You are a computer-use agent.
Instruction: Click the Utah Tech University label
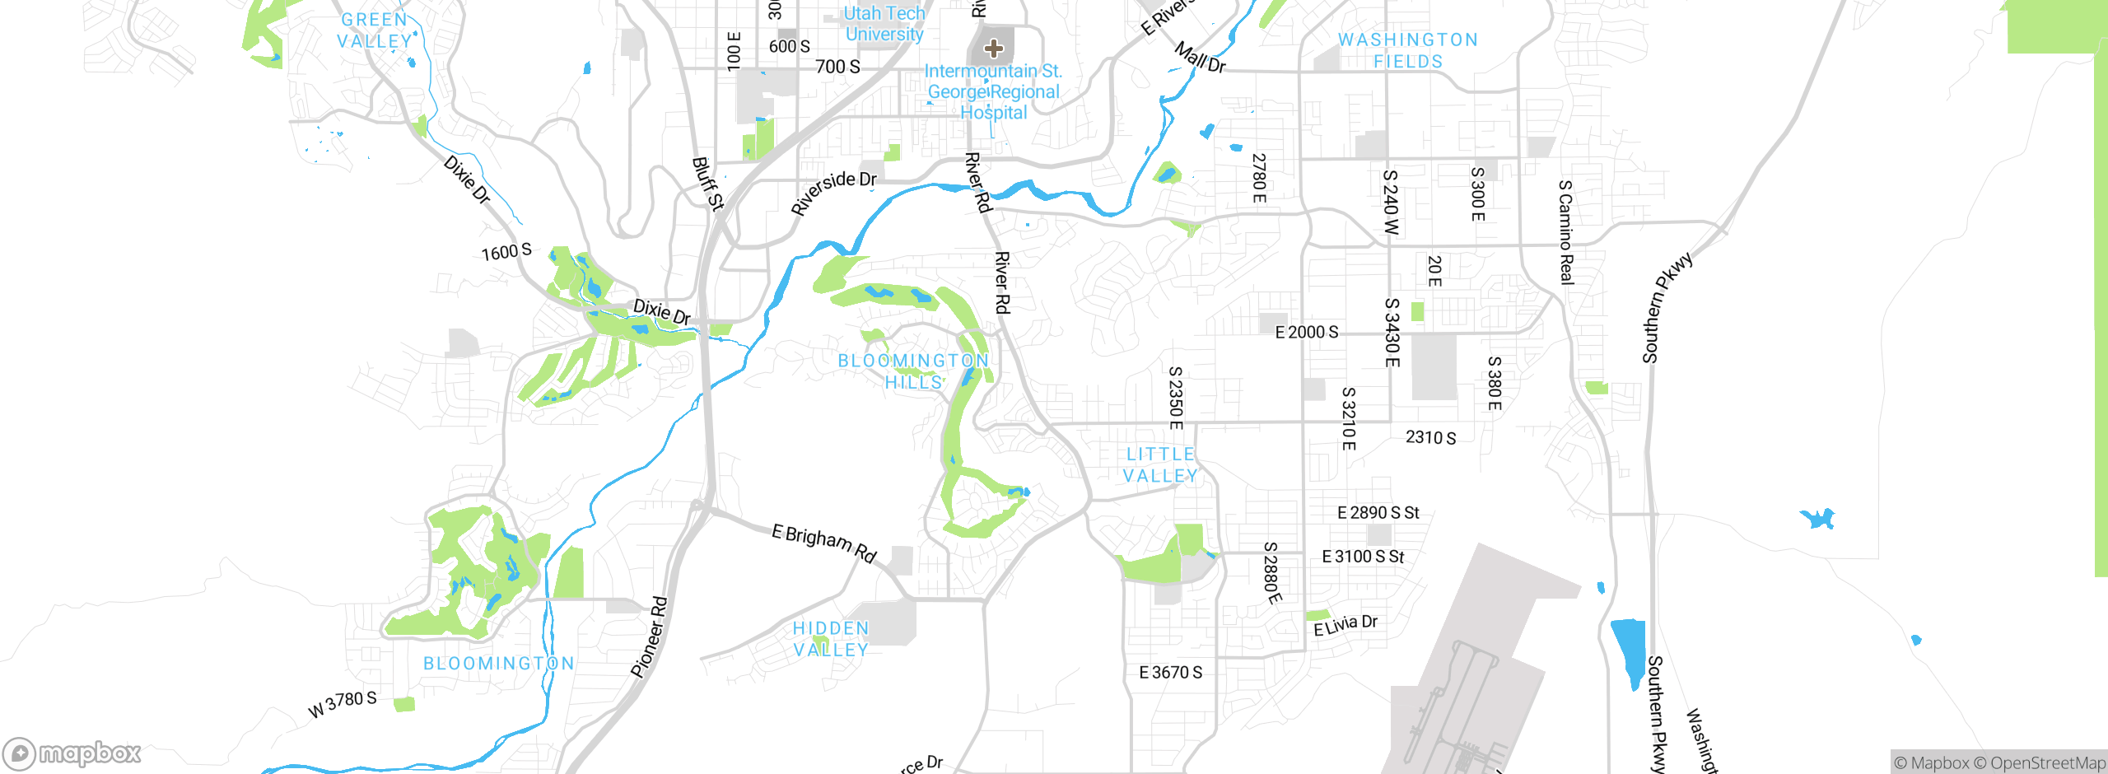pos(884,24)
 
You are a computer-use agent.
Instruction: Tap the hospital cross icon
pos(994,49)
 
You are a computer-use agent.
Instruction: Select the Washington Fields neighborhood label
pos(1407,50)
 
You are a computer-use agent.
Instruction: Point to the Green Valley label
pos(375,30)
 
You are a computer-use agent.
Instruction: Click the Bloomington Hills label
pos(913,371)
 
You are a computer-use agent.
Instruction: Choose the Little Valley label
pos(1160,465)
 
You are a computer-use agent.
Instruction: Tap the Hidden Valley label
pos(831,639)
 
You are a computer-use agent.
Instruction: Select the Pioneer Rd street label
pos(649,637)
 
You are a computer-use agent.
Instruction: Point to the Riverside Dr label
pos(833,192)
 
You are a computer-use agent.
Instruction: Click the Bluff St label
pos(707,184)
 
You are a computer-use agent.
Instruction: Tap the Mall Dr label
pos(1200,58)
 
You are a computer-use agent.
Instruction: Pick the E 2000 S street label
pos(1306,332)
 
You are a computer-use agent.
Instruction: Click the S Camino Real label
pos(1565,232)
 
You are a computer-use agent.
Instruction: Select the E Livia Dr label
pos(1345,626)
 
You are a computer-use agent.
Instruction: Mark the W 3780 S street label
pos(343,704)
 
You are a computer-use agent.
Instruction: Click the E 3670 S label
pos(1170,673)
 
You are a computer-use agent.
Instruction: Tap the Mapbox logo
pos(72,753)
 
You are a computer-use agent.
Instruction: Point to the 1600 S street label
pos(506,252)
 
